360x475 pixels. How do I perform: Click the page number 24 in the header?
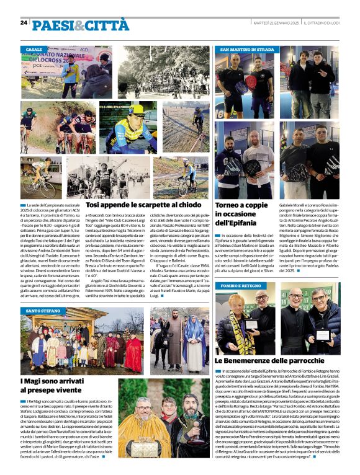coord(24,23)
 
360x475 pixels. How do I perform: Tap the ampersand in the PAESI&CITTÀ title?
coord(78,25)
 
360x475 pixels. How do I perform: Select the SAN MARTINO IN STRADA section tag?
coord(246,49)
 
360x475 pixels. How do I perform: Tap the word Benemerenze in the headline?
coord(259,360)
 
